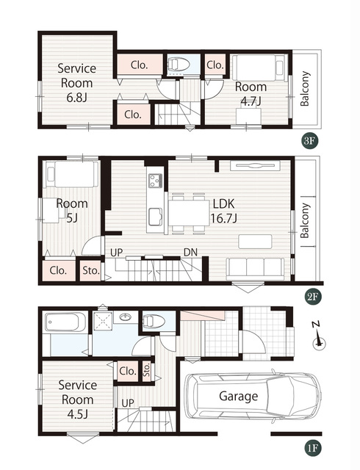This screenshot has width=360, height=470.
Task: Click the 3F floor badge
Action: pyautogui.click(x=309, y=141)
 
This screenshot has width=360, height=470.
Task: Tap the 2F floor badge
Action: pyautogui.click(x=312, y=297)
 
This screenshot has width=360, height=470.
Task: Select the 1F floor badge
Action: pyautogui.click(x=312, y=449)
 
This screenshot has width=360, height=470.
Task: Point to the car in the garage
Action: pyautogui.click(x=253, y=396)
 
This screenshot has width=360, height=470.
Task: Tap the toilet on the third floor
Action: pyautogui.click(x=179, y=65)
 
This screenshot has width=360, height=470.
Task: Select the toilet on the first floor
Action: pyautogui.click(x=154, y=322)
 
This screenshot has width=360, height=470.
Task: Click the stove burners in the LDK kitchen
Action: pyautogui.click(x=156, y=181)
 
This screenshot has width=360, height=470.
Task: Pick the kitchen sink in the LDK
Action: pyautogui.click(x=156, y=217)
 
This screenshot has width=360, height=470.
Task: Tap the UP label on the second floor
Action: pyautogui.click(x=116, y=253)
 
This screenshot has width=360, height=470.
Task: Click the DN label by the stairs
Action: pyautogui.click(x=191, y=253)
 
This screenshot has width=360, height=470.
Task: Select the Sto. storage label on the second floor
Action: pyautogui.click(x=91, y=271)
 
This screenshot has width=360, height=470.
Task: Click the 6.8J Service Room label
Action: pyautogui.click(x=76, y=83)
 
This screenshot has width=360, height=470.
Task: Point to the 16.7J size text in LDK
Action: pyautogui.click(x=224, y=219)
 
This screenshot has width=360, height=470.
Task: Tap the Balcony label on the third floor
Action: pyautogui.click(x=304, y=89)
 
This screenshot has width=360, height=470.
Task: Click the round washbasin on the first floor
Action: pyautogui.click(x=126, y=317)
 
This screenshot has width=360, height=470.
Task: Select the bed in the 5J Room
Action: pyautogui.click(x=72, y=174)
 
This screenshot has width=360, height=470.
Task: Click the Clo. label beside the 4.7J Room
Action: pyautogui.click(x=215, y=65)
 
